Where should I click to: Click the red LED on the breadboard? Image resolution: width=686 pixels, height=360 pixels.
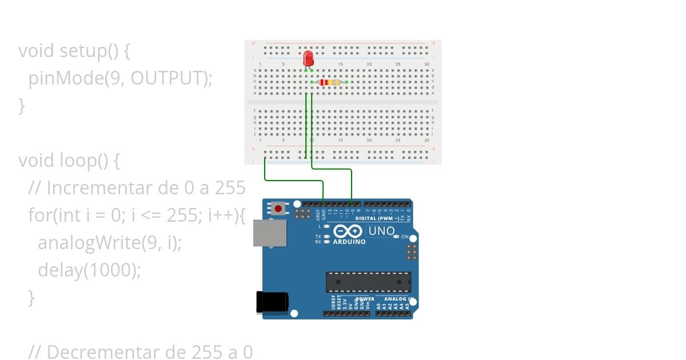308,58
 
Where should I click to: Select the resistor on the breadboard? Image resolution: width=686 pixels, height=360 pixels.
329,82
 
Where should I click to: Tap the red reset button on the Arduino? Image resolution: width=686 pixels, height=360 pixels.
278,209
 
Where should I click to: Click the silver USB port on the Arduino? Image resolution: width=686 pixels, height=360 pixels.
270,233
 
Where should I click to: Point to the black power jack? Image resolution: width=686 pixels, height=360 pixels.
272,302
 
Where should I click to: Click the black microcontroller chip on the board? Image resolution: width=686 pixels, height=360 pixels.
368,282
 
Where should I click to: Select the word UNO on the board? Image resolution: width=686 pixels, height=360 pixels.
381,231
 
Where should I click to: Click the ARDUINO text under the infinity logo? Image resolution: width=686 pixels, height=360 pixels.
349,242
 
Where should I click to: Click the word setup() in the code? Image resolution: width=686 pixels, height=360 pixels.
89,51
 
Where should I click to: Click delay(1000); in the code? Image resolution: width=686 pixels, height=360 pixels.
89,270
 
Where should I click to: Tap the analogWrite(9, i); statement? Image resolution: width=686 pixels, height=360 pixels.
109,243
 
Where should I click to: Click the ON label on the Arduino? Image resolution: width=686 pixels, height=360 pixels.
405,237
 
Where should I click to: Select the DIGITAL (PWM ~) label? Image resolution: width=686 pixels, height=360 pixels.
377,218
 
